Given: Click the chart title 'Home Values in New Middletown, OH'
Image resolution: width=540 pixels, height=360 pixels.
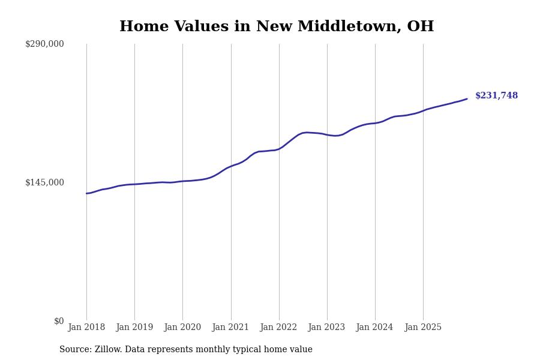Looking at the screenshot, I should point(277,27).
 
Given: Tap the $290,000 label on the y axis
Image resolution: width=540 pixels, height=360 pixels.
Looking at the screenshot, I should point(44,44).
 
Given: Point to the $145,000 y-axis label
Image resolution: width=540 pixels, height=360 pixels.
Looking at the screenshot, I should point(44,182).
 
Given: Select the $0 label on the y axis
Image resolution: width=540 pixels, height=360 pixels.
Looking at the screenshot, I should point(59,321).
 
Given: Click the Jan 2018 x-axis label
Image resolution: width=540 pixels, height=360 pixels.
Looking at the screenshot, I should point(86,328).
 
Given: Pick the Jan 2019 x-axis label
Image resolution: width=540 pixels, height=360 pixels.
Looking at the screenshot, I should point(134,328).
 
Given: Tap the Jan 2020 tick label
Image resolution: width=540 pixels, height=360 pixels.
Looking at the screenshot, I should point(182,328).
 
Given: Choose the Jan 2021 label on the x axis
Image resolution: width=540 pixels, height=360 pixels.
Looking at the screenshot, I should point(231,328).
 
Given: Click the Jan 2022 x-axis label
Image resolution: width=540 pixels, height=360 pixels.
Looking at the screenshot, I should point(279,328).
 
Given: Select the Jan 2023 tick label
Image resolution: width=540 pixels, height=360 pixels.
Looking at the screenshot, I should point(327,328).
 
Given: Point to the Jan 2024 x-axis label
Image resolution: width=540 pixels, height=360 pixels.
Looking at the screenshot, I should point(375,328).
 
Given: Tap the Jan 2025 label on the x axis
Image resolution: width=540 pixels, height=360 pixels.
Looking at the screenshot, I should point(423,328).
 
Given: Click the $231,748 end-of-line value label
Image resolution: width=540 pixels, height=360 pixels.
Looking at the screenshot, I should point(496,96).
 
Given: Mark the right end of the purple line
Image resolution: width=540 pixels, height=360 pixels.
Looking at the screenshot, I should point(467,99).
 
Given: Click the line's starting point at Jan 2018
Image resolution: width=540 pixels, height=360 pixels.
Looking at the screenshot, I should point(86,193).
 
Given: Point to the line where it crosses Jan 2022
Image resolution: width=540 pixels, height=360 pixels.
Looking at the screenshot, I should point(279,148).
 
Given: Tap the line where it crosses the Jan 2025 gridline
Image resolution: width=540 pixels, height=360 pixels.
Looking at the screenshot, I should point(423,110).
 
